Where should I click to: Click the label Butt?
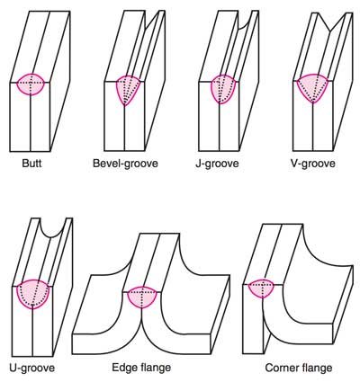[x=31, y=164]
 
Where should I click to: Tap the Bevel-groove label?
[x=125, y=164]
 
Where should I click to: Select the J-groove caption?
[x=217, y=164]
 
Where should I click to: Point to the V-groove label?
[x=313, y=164]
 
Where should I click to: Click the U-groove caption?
[x=32, y=368]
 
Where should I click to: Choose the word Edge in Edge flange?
[x=124, y=368]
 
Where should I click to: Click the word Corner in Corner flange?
[x=281, y=368]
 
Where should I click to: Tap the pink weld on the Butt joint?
[x=31, y=84]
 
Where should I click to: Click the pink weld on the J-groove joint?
[x=221, y=88]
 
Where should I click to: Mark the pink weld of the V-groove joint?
[x=313, y=87]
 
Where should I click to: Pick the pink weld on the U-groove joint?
[x=33, y=294]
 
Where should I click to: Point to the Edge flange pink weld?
[x=142, y=298]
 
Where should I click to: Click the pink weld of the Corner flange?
[x=262, y=289]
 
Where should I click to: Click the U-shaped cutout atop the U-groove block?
[x=52, y=228]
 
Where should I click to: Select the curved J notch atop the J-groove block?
[x=245, y=21]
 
